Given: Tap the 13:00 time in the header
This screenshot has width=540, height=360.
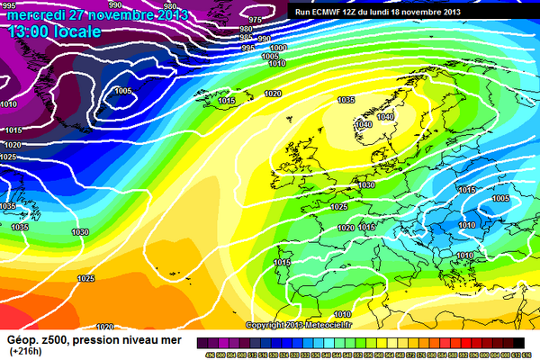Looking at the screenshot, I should pos(31,31).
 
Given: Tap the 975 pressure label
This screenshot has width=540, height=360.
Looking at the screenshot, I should pos(255,20).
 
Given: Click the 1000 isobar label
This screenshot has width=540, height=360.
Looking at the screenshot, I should pos(279,48).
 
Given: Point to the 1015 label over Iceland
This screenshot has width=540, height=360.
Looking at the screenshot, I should pos(227,101).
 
